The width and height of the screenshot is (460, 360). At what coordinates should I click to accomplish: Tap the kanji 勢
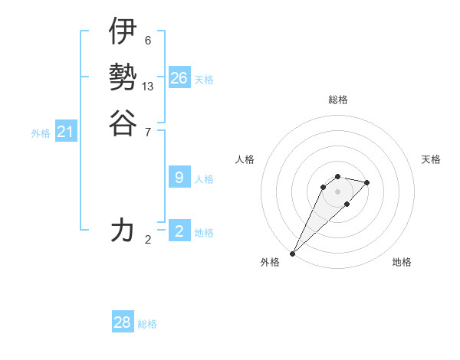pyautogui.click(x=123, y=77)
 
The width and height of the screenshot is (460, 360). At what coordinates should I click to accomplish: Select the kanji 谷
pyautogui.click(x=123, y=123)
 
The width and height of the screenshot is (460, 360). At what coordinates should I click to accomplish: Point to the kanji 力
pyautogui.click(x=123, y=230)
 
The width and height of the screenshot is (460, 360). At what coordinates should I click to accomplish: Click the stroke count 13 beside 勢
pyautogui.click(x=148, y=87)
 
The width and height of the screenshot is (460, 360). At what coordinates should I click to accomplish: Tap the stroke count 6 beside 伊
pyautogui.click(x=147, y=40)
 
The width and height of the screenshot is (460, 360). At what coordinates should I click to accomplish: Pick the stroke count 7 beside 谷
pyautogui.click(x=147, y=132)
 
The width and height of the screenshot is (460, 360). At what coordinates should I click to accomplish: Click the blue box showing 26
pyautogui.click(x=179, y=78)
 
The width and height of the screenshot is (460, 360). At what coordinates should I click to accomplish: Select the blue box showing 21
pyautogui.click(x=66, y=132)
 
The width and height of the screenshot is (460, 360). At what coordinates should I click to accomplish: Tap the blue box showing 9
pyautogui.click(x=179, y=178)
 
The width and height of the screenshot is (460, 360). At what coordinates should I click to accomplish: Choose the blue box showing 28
pyautogui.click(x=123, y=322)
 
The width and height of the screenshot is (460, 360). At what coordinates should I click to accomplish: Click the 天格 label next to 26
pyautogui.click(x=204, y=80)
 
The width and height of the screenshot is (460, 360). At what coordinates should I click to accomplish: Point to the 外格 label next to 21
pyautogui.click(x=41, y=133)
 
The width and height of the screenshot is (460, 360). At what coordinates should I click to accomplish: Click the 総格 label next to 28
pyautogui.click(x=147, y=324)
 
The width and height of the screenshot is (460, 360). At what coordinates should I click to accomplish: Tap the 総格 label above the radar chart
pyautogui.click(x=337, y=100)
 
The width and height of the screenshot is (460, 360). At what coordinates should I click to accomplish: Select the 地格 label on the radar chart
pyautogui.click(x=402, y=262)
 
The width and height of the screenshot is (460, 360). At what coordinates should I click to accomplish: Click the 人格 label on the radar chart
pyautogui.click(x=245, y=159)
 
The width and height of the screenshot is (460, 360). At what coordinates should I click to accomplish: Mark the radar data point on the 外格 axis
pyautogui.click(x=292, y=254)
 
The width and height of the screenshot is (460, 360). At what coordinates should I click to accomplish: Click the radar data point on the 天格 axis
pyautogui.click(x=367, y=182)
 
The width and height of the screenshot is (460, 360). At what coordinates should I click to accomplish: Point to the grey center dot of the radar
pyautogui.click(x=337, y=191)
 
